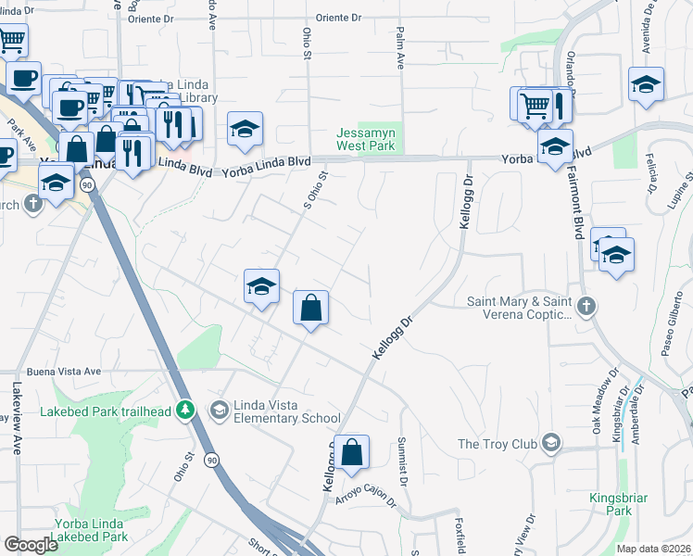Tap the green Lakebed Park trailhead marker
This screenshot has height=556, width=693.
coord(186,409)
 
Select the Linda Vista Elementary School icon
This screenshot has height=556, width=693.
coord(219,409)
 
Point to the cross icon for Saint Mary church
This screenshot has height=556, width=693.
coord(585,306)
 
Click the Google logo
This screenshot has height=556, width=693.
coord(31,545)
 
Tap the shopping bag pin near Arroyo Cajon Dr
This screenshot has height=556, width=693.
coord(352,453)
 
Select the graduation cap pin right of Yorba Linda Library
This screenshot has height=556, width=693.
coord(246,131)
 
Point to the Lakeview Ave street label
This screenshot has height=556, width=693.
coord(17,417)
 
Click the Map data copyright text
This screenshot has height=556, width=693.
coord(653,548)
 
